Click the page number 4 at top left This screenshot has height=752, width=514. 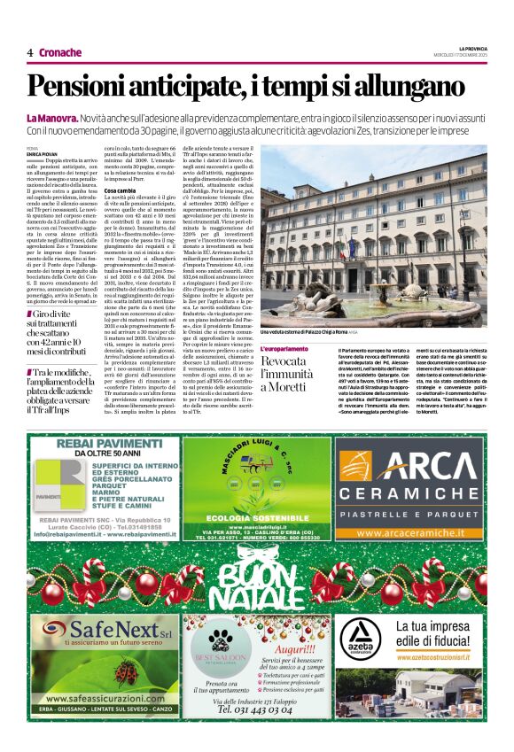click(x=29, y=52)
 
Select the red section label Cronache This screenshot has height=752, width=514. click(x=60, y=52)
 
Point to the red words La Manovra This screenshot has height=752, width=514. click(x=51, y=118)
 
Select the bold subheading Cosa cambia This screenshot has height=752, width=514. click(x=120, y=190)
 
